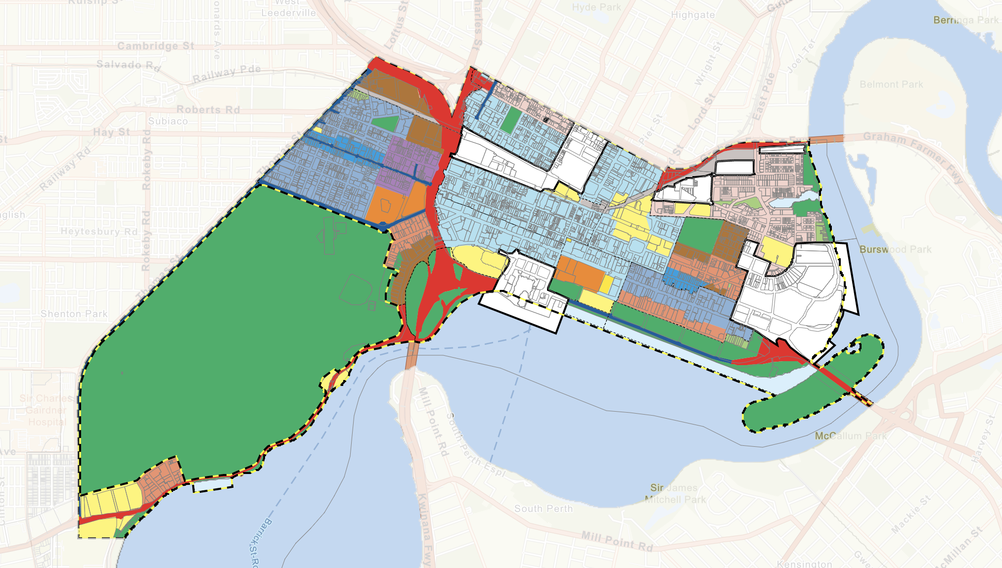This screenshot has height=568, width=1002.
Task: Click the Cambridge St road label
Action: point(156,46)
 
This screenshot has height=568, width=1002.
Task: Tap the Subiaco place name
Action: point(168,121)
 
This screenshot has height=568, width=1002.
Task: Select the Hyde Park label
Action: point(596,7)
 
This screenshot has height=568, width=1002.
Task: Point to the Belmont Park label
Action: point(891,85)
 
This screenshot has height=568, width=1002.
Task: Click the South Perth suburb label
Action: point(543,509)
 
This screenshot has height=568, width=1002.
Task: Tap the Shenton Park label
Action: point(74,314)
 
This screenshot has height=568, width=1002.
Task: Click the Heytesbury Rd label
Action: point(99,232)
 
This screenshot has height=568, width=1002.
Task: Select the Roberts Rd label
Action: point(208,110)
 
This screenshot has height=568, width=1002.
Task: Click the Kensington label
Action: point(804,564)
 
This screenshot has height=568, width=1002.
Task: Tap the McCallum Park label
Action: point(851,436)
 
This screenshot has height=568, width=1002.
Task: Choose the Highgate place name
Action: point(692,15)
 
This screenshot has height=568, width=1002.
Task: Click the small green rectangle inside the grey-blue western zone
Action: point(384,123)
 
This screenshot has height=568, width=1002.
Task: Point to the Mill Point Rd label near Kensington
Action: point(617,542)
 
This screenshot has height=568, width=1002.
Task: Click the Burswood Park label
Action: point(895,249)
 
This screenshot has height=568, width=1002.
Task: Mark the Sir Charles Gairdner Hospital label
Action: point(46,410)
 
